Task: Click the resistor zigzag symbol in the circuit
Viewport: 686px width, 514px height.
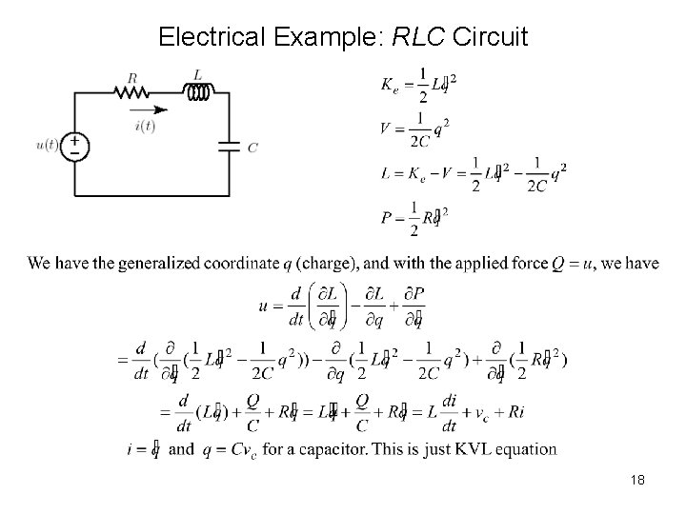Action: (131, 91)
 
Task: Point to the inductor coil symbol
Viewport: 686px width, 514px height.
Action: (200, 91)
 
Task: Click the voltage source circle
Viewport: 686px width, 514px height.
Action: (74, 145)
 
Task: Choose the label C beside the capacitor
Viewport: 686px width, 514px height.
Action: (252, 147)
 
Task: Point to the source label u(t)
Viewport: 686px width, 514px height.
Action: (48, 145)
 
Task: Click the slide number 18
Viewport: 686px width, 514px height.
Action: (637, 480)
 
